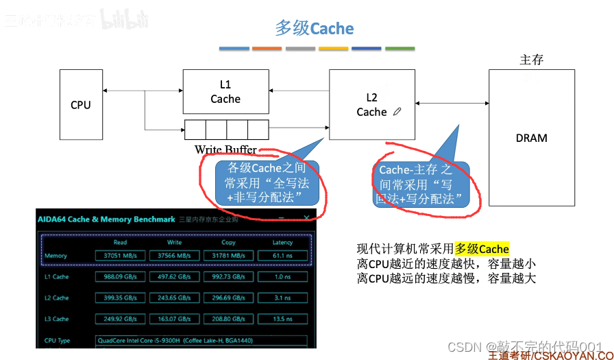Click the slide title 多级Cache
coord(315,29)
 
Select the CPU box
coord(81,105)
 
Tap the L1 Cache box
coord(225,92)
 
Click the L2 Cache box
coord(371,104)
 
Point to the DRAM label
coord(531,138)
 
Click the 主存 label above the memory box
coord(532,60)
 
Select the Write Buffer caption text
coord(225,149)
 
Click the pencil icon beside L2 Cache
coord(397,112)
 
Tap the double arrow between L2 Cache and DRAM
coord(451,104)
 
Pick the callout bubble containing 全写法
coord(267,183)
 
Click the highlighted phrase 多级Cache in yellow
coord(482,248)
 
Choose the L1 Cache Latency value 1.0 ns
coord(282,277)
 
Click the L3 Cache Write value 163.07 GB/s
coord(174,319)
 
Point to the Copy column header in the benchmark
coord(228,242)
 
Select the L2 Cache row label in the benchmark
coord(56,298)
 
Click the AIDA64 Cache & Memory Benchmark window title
coord(106,219)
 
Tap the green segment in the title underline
coord(400,49)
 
